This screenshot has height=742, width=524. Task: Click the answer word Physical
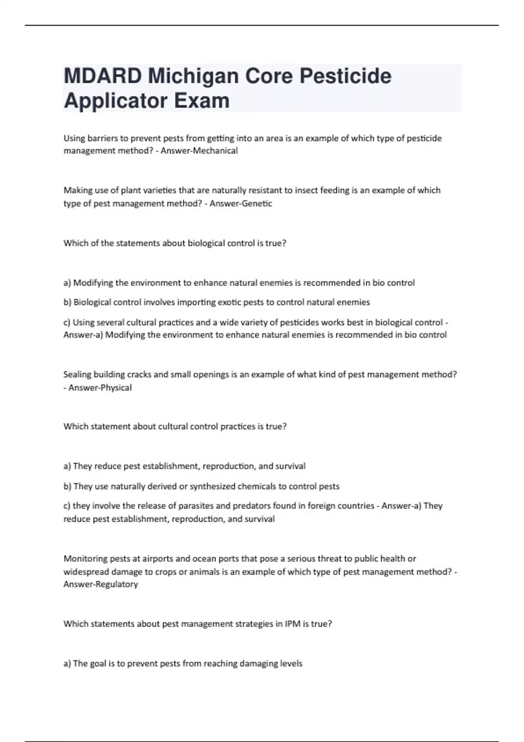point(116,388)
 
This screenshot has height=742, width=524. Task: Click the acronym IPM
point(293,624)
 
